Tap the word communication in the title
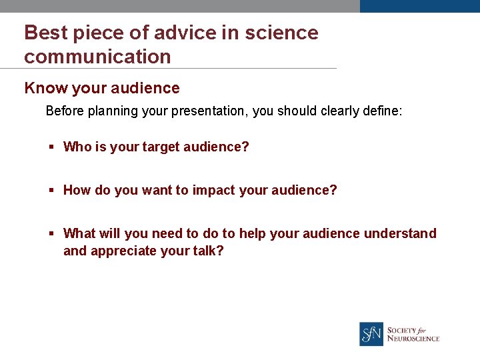97,57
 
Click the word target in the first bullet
161,147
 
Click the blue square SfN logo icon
371,334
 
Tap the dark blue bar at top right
419,6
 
